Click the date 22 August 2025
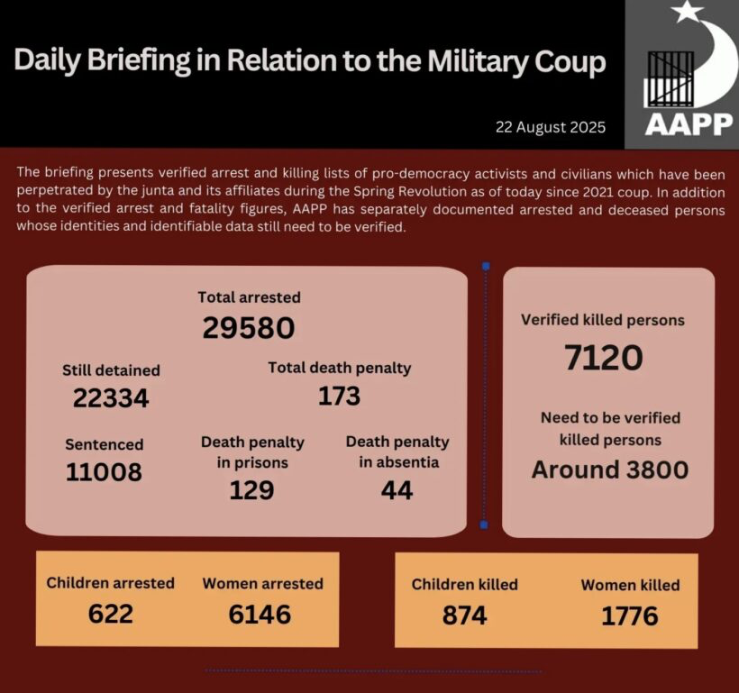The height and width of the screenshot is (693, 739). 550,126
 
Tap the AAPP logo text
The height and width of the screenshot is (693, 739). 689,123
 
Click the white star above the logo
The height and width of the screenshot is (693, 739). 687,12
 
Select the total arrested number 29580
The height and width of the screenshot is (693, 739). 249,328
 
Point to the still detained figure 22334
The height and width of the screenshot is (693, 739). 111,398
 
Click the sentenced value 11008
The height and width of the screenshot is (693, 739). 104,471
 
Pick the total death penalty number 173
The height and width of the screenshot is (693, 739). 339,396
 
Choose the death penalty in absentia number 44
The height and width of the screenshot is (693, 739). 397,489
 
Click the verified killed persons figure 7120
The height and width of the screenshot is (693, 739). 603,358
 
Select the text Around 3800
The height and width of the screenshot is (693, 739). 609,470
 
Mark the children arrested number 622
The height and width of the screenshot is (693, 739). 110,614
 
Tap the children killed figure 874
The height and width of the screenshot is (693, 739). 464,615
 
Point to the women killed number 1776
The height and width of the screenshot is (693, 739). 630,615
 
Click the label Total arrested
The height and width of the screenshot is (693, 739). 250,296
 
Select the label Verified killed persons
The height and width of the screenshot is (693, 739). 603,320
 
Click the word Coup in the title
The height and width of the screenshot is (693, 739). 564,62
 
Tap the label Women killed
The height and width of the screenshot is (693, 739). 630,585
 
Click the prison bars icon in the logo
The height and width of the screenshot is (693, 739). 671,79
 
